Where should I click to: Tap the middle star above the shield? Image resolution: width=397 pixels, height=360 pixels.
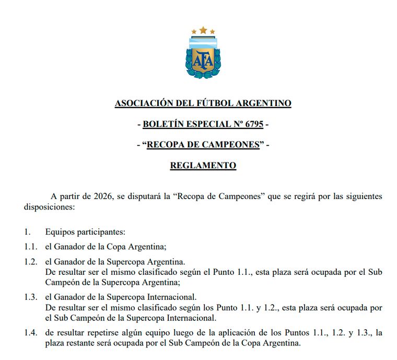point(203,30)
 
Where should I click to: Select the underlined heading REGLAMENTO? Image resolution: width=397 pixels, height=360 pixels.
point(203,166)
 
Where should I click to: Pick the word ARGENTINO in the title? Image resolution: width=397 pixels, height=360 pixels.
point(265,103)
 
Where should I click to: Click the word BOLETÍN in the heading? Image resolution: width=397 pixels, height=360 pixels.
point(161,124)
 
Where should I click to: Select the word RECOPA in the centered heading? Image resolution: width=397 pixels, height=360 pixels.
point(168,145)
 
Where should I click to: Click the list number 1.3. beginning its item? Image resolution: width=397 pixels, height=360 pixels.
point(31,297)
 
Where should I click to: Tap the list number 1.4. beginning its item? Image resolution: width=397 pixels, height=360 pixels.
point(31,333)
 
